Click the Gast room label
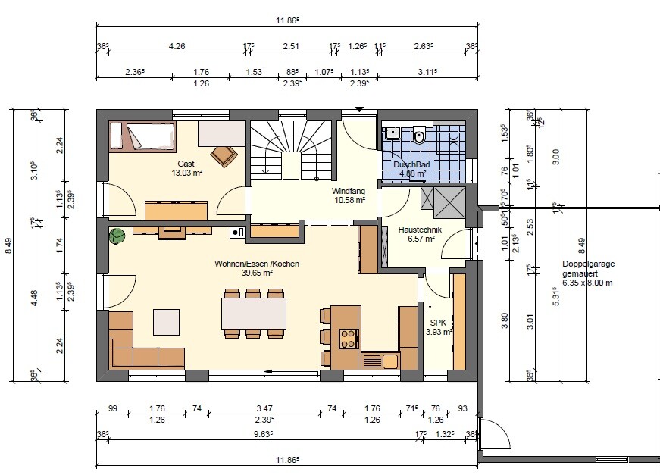pyautogui.click(x=186, y=164)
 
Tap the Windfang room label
pyautogui.click(x=348, y=191)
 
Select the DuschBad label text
pyautogui.click(x=411, y=164)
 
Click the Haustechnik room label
pyautogui.click(x=420, y=230)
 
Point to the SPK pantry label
pyautogui.click(x=438, y=323)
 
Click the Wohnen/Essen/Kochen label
pyautogui.click(x=257, y=264)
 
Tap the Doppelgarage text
pyautogui.click(x=589, y=264)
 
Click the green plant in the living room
pyautogui.click(x=117, y=236)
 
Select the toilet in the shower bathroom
pyautogui.click(x=419, y=135)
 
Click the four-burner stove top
pyautogui.click(x=348, y=339)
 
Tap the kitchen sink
pyautogui.click(x=389, y=361)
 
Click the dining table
pyautogui.click(x=254, y=313)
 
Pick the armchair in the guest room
pyautogui.click(x=224, y=156)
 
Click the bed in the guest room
pyautogui.click(x=142, y=136)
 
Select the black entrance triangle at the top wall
pyautogui.click(x=358, y=109)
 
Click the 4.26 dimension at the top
pyautogui.click(x=177, y=46)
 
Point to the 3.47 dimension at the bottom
pyautogui.click(x=264, y=408)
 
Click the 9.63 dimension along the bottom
pyautogui.click(x=262, y=434)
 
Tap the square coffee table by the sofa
pyautogui.click(x=166, y=322)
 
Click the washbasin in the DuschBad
pyautogui.click(x=393, y=133)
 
